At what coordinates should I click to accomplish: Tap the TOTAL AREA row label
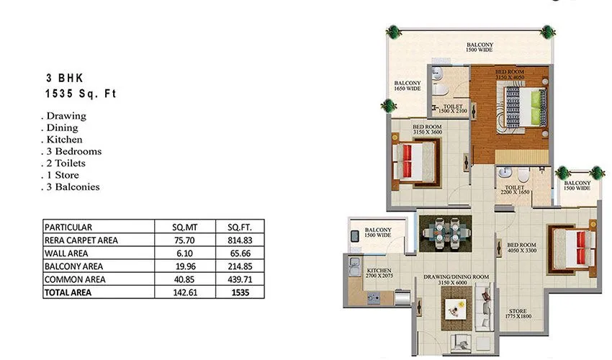[70, 292]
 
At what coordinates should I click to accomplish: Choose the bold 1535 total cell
[240, 292]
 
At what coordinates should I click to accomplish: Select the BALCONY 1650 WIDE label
[408, 86]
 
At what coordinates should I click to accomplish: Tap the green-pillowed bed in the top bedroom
[523, 107]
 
